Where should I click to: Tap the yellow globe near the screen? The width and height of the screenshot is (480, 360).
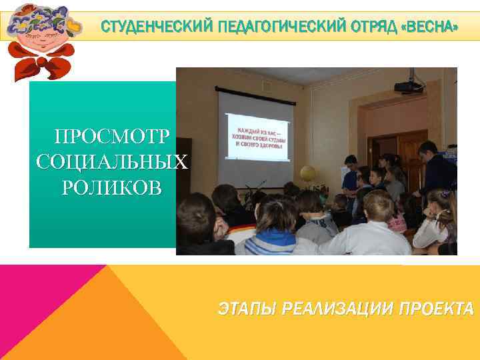point(307,175)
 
